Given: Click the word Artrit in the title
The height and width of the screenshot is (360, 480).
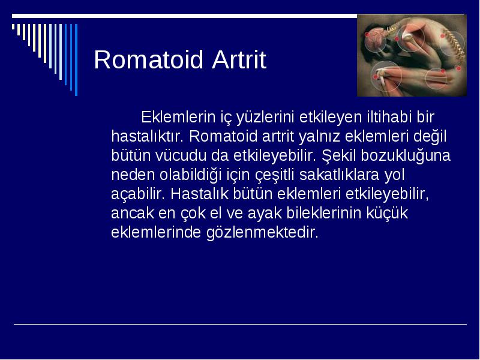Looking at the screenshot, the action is pyautogui.click(x=239, y=59).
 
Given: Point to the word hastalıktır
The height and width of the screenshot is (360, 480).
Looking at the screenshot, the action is pyautogui.click(x=147, y=136).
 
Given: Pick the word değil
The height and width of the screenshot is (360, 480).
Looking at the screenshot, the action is pyautogui.click(x=430, y=137).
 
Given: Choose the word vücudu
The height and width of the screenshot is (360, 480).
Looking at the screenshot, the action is pyautogui.click(x=181, y=155).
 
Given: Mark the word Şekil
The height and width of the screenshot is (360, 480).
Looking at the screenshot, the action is pyautogui.click(x=339, y=156).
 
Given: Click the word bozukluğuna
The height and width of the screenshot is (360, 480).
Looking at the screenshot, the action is pyautogui.click(x=406, y=156).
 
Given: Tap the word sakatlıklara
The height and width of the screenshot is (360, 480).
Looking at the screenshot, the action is pyautogui.click(x=340, y=175).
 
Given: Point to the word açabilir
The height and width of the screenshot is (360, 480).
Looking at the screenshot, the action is pyautogui.click(x=138, y=194).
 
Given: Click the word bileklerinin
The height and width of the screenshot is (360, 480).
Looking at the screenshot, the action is pyautogui.click(x=324, y=213).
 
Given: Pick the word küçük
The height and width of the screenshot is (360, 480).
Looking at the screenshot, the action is pyautogui.click(x=387, y=214).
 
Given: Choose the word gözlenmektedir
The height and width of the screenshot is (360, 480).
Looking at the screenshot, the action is pyautogui.click(x=262, y=233).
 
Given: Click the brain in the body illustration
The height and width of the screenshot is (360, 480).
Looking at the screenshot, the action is pyautogui.click(x=376, y=38).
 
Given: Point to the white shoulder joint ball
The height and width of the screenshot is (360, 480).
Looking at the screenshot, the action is pyautogui.click(x=407, y=36).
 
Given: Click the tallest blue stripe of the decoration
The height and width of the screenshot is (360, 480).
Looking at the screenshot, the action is pyautogui.click(x=76, y=59).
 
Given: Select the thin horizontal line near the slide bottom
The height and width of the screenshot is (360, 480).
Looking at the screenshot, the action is pyautogui.click(x=241, y=324).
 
